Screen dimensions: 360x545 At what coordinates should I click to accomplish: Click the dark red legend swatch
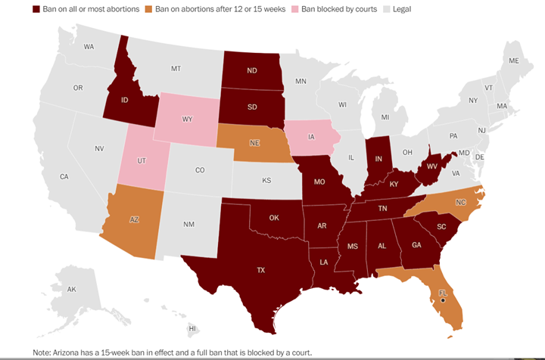click(36, 10)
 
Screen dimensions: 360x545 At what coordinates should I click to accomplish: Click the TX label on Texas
click(261, 269)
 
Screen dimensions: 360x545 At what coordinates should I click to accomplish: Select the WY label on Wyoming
click(187, 119)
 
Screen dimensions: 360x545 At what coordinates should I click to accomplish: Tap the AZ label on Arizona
click(134, 219)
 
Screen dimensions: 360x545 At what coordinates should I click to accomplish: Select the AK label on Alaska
click(71, 289)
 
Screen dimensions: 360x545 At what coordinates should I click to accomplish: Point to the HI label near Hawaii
click(192, 328)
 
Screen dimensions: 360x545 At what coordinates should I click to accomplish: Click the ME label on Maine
click(514, 61)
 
